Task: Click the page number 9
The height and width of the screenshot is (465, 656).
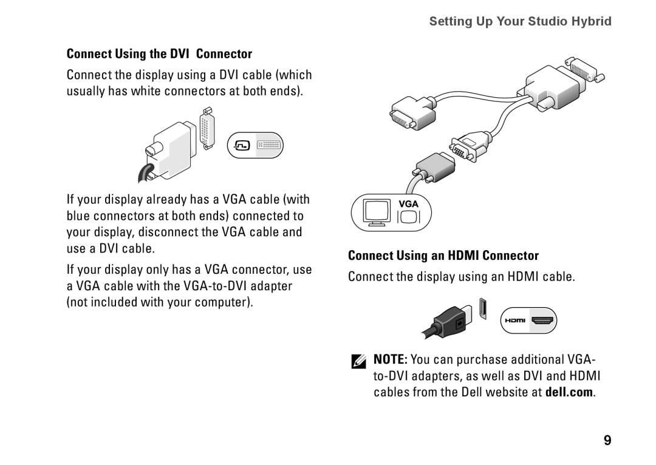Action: [607, 441]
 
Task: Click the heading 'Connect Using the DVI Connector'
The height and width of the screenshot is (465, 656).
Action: [159, 54]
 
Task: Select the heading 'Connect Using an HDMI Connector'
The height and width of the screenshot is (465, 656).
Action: [443, 255]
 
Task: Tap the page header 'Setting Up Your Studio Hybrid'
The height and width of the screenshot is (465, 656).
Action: [521, 22]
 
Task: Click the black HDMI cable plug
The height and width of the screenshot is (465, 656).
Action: [450, 321]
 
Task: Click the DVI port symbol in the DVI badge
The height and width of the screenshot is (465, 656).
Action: [268, 146]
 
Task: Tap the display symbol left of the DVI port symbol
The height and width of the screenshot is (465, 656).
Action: [242, 146]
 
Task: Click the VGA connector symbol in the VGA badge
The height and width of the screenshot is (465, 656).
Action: [408, 216]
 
